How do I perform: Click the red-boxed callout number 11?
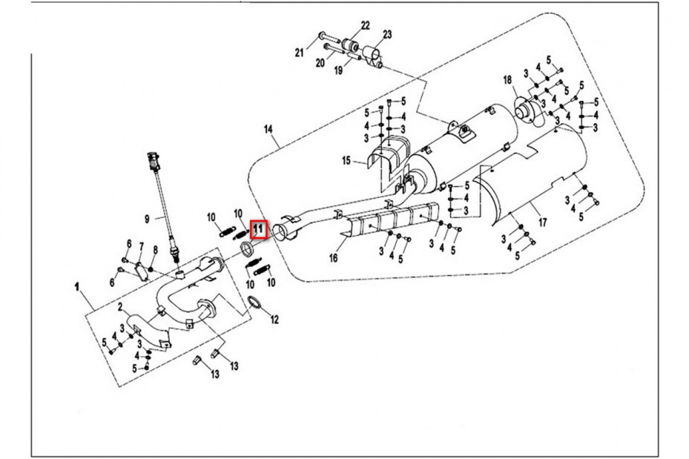coord(258,229)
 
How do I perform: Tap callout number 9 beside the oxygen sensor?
coord(147,218)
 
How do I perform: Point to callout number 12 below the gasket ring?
coord(274,320)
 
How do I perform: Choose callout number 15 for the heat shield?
coord(346,161)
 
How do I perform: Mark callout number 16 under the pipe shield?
coord(333,258)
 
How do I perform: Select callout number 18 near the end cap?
coord(507,79)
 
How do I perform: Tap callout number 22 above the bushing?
coord(365,25)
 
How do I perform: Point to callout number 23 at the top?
coord(387,34)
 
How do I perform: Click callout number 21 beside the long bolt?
coord(299,53)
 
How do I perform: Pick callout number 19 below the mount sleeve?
coord(338,71)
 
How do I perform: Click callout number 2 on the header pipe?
coord(121,307)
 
